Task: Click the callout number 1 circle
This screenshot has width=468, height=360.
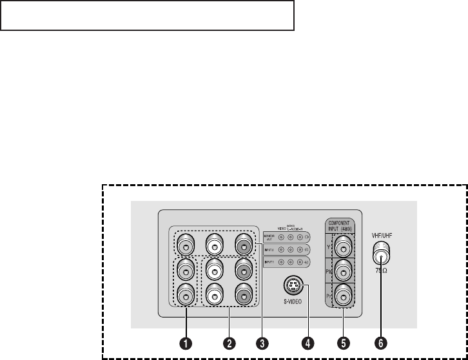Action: pyautogui.click(x=186, y=343)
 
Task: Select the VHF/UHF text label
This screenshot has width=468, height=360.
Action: pyautogui.click(x=382, y=236)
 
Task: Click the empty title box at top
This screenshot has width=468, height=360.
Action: pyautogui.click(x=147, y=15)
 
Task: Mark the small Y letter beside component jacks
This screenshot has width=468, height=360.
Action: pyautogui.click(x=329, y=245)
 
